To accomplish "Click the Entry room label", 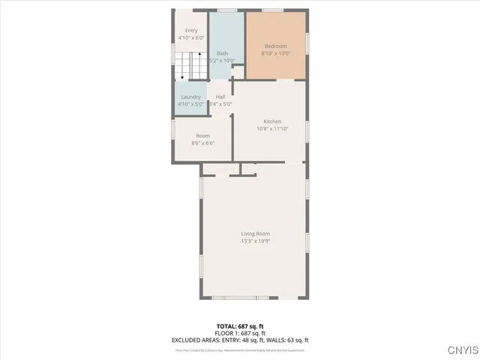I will [x=191, y=31].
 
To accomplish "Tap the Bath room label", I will [x=223, y=53].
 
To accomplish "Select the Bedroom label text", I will [x=275, y=46].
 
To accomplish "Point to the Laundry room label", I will [x=191, y=97].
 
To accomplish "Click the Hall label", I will [x=220, y=97].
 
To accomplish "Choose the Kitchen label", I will [x=272, y=121].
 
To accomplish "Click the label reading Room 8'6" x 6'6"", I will [x=203, y=136].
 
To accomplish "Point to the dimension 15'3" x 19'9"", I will [x=256, y=241].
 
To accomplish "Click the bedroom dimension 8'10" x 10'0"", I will [x=275, y=53].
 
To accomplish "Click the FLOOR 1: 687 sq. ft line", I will [x=240, y=332].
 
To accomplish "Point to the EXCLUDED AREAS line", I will [x=240, y=340].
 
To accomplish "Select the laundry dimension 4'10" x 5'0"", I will [x=191, y=104].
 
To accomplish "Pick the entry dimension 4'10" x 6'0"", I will [x=191, y=37].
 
